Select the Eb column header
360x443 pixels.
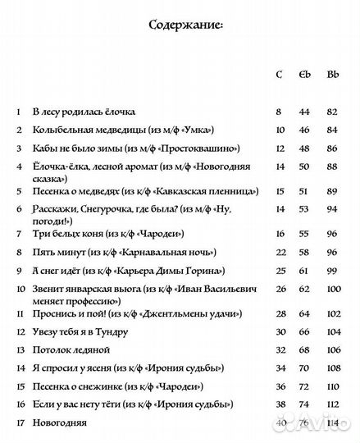(304, 75)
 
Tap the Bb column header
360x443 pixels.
(333, 75)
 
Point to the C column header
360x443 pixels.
(279, 75)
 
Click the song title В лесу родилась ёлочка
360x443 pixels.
(84, 111)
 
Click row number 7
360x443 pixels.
(17, 233)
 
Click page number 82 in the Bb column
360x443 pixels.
(332, 111)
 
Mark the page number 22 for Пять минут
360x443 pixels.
(279, 252)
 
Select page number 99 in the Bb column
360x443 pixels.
(332, 270)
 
